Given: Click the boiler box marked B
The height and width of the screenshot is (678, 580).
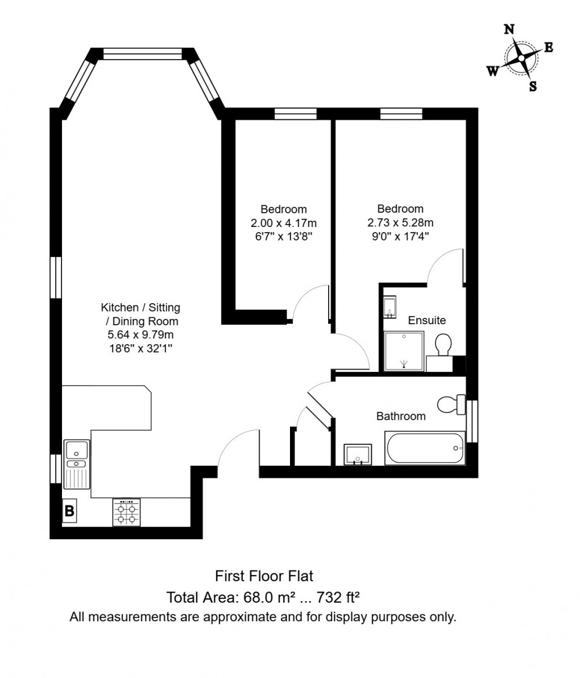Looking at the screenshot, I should coord(69,511).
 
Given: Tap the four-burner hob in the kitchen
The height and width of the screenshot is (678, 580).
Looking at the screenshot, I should coord(126,512).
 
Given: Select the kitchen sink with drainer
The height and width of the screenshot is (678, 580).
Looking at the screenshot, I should coord(77,464).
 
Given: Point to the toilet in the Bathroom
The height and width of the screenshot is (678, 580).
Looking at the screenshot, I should coord(451,404).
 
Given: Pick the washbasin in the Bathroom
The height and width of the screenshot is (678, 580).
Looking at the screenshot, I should coord(358,454).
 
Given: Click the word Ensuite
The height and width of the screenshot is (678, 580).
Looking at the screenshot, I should coord(427,320).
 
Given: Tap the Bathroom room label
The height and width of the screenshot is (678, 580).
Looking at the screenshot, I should coord(401,416).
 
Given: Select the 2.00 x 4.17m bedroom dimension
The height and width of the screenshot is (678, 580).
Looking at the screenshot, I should coord(284,222).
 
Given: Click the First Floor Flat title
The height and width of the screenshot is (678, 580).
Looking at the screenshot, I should coord(264,576).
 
